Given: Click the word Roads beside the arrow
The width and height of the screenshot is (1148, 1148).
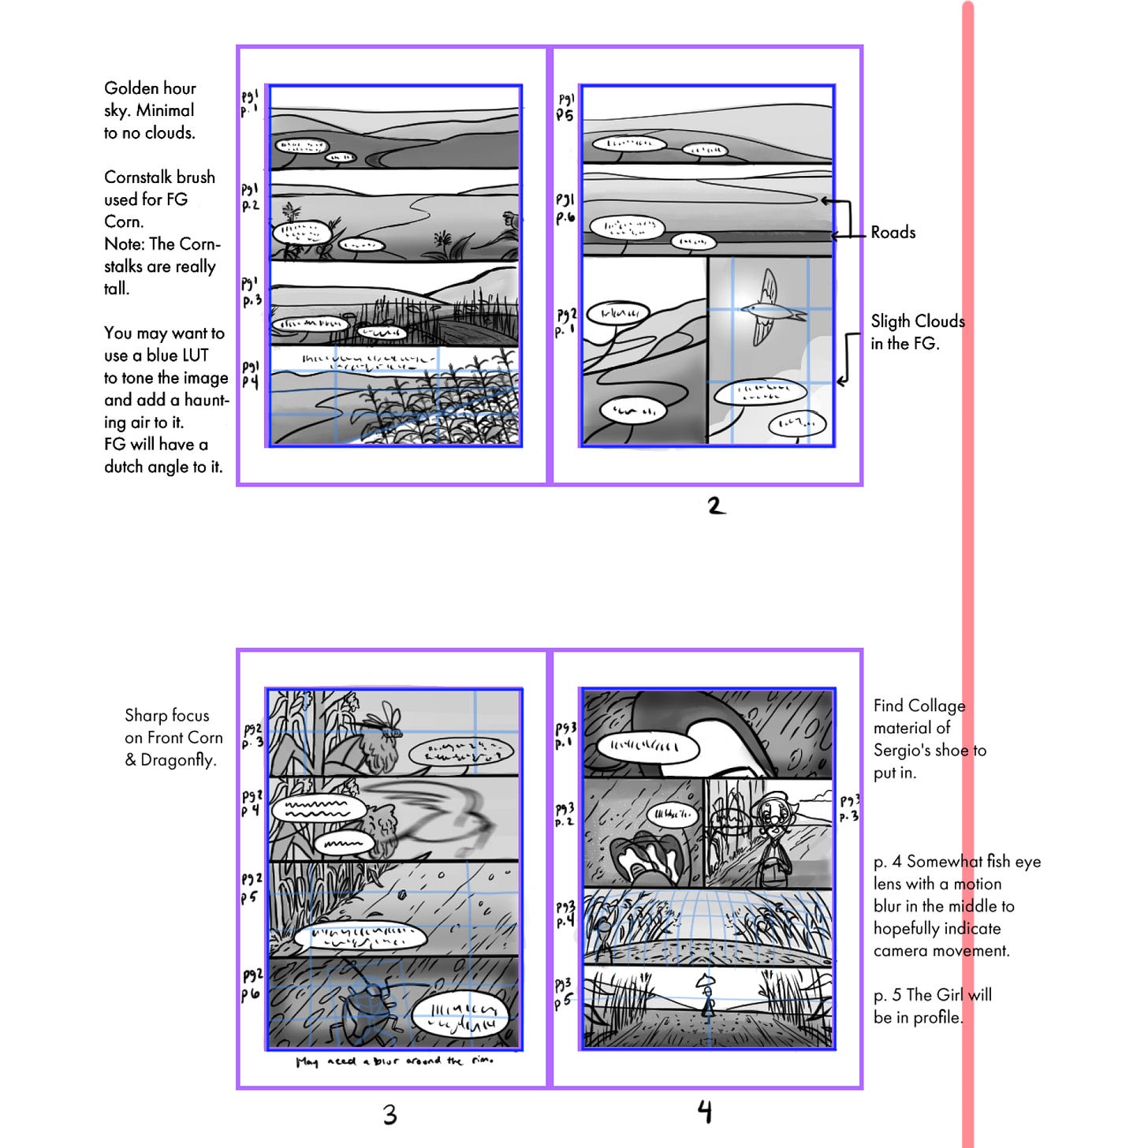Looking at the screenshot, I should (x=893, y=233).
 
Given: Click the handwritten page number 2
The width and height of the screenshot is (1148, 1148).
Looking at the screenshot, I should (x=716, y=505).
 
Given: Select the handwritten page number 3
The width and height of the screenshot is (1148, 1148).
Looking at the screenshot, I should (x=389, y=1114).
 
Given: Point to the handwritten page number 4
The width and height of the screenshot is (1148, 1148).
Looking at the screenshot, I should (x=705, y=1112).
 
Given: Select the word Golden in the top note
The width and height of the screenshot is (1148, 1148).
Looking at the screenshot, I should (x=129, y=88).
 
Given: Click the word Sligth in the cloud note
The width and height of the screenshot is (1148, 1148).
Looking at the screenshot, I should (x=893, y=322).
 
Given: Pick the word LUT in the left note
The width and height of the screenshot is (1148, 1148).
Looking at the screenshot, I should (x=192, y=356).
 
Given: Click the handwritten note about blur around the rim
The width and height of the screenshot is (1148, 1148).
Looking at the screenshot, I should (x=394, y=1061).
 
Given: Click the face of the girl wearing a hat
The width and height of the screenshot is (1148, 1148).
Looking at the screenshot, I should (x=770, y=816).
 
